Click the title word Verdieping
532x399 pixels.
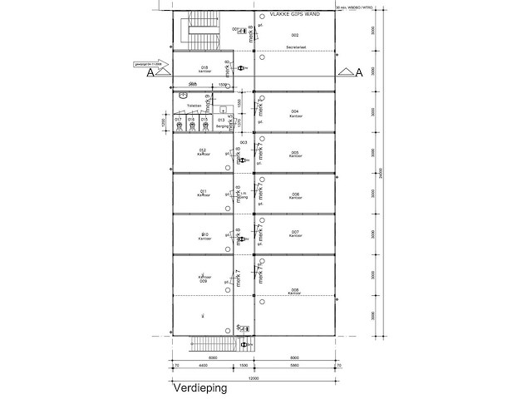[x=199, y=387]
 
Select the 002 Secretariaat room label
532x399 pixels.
[x=295, y=41]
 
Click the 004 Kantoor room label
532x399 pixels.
[x=295, y=113]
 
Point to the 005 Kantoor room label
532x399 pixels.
[x=295, y=155]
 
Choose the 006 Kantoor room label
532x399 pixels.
[x=295, y=196]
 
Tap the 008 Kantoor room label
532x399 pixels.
[x=295, y=291]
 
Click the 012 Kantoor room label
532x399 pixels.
[x=202, y=152]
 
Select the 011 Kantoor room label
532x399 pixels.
[x=202, y=193]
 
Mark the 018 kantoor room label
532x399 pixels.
[x=204, y=69]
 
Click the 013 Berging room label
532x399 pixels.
[x=221, y=123]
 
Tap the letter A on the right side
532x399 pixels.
[x=359, y=73]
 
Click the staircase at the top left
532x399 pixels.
[x=199, y=32]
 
